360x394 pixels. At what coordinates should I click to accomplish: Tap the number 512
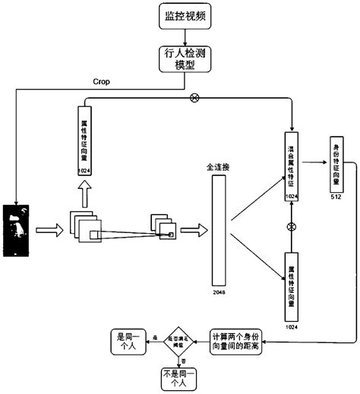336,197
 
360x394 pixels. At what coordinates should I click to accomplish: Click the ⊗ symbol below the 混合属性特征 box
290,227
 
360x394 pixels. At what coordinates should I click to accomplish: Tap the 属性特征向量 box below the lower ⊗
290,285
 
